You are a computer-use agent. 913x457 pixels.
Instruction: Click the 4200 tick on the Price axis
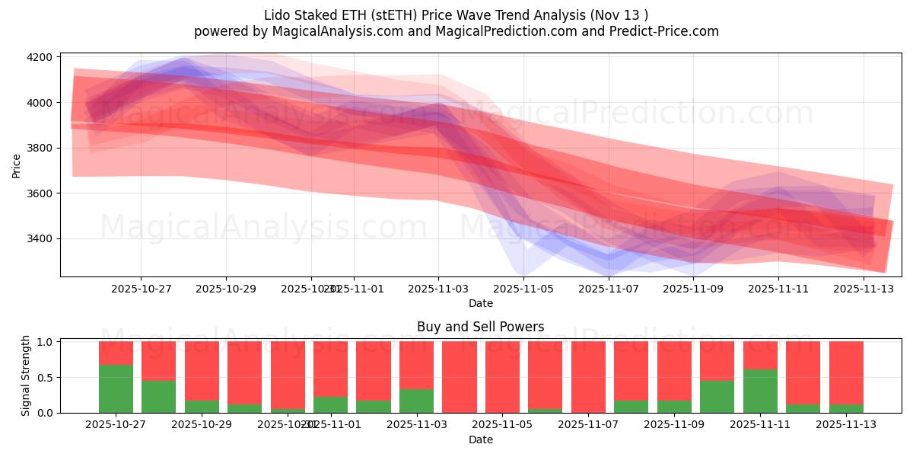[40, 57]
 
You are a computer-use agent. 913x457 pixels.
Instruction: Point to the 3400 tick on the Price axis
[40, 238]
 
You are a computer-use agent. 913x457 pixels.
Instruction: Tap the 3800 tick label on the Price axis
[40, 148]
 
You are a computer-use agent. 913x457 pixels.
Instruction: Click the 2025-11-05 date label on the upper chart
[523, 289]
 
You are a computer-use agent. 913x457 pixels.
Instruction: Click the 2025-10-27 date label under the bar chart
[116, 425]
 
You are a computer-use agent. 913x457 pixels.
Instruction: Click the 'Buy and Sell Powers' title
[480, 327]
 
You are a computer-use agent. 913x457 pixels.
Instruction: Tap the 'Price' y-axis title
[17, 165]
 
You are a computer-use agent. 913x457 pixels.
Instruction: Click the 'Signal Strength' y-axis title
[26, 376]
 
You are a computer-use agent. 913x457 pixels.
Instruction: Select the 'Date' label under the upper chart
[480, 303]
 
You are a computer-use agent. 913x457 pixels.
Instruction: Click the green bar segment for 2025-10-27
[116, 388]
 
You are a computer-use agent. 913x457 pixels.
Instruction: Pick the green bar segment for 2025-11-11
[760, 391]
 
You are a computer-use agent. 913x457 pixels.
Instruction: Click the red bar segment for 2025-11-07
[588, 376]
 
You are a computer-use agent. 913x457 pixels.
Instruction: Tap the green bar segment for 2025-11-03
[416, 401]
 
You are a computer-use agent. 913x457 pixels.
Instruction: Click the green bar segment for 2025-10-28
[158, 396]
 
